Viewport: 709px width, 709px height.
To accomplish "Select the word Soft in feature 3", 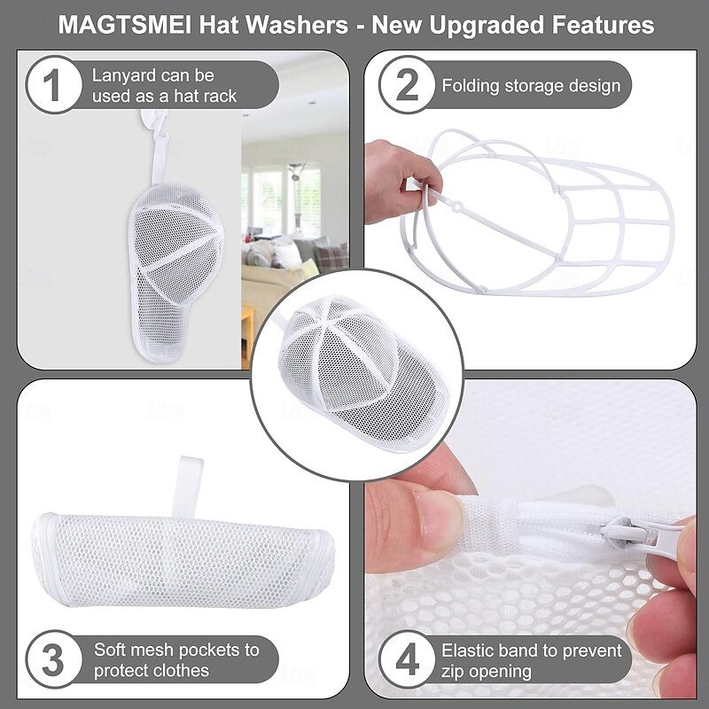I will (112, 650).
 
